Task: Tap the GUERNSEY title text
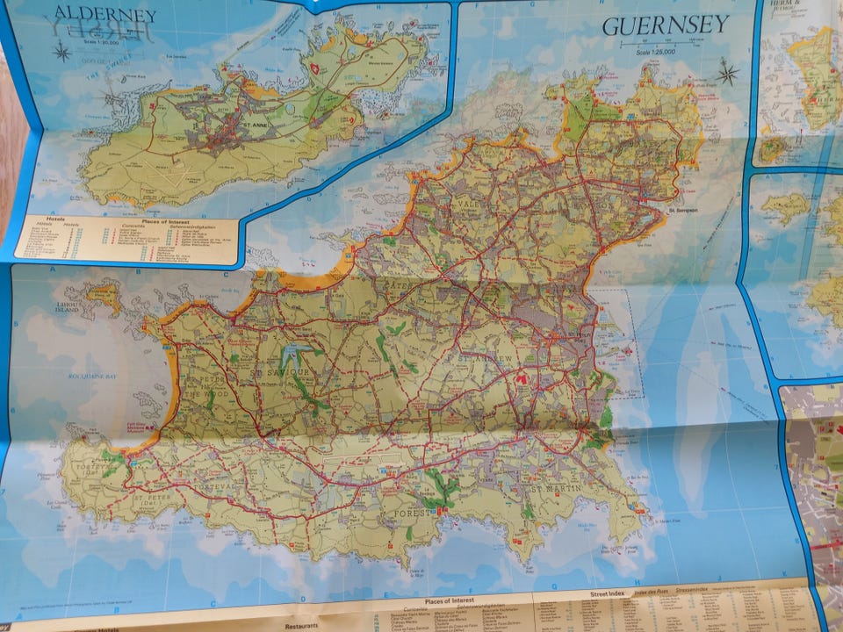coord(666,25)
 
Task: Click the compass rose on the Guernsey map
coord(727,72)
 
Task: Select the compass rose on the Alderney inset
coord(61,51)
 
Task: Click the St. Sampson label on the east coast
coord(683,210)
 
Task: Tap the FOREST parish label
coord(415,511)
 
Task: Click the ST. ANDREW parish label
coord(480,359)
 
